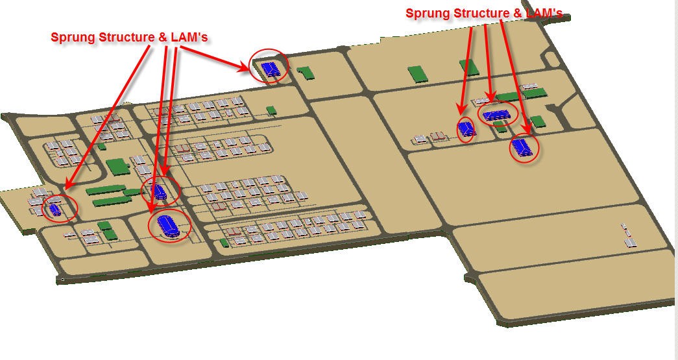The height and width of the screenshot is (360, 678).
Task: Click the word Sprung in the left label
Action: [73, 38]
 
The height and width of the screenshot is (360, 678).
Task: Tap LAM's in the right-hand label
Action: [544, 14]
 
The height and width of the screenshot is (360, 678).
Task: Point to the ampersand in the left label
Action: [163, 37]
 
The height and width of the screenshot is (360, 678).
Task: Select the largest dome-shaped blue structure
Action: [167, 226]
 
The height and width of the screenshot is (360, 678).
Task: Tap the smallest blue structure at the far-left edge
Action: [54, 210]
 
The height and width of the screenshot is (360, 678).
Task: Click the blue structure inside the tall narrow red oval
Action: [466, 129]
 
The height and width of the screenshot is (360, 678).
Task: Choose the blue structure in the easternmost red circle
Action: [524, 147]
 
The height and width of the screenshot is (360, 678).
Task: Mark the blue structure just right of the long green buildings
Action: [159, 191]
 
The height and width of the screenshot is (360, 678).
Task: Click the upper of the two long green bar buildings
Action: [106, 189]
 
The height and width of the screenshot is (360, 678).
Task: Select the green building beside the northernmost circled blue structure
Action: [305, 73]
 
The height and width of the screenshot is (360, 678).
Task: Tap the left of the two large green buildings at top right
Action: [418, 74]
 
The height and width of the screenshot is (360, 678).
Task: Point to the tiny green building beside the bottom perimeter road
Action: [224, 243]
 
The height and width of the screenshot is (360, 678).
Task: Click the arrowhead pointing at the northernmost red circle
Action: [247, 67]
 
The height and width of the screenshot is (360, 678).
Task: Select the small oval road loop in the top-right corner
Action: [551, 59]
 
